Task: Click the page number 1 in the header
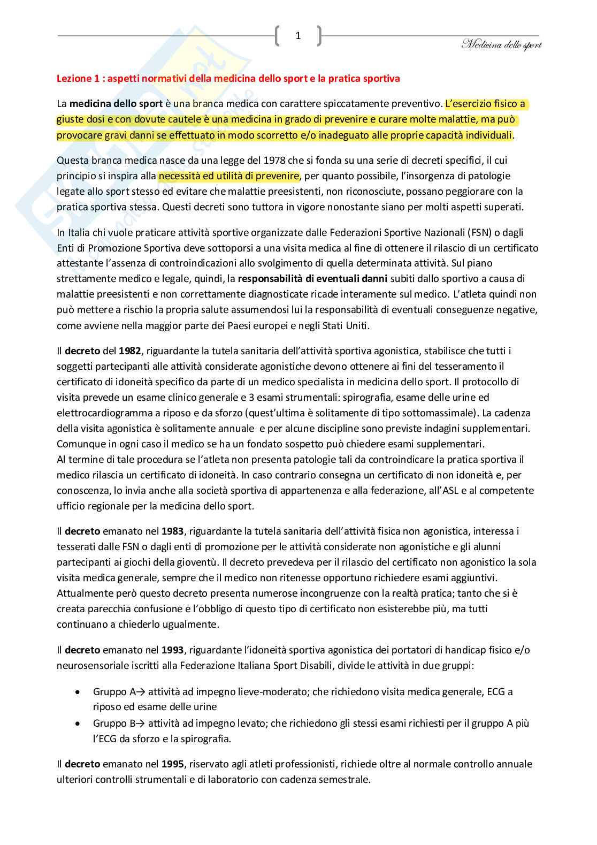point(298,36)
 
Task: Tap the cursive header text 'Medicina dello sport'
point(501,45)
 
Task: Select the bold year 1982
point(130,351)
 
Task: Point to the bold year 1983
point(172,531)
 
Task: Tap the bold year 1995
point(172,764)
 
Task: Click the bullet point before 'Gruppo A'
point(79,692)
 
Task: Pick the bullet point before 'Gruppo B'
point(79,724)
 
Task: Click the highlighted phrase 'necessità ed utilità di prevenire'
point(229,176)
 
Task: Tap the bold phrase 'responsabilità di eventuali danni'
point(313,279)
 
